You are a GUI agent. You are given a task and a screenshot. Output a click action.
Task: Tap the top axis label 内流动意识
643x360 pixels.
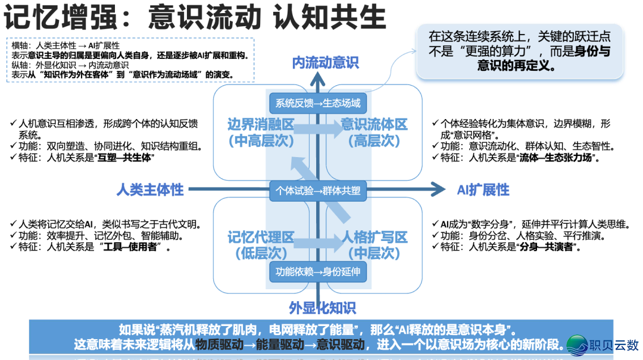click(325, 62)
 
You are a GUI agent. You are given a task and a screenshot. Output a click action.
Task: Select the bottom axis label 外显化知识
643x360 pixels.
click(322, 308)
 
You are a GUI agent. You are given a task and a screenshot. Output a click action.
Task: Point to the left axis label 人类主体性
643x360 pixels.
click(150, 190)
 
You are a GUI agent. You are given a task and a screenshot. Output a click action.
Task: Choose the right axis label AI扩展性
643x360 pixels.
click(483, 190)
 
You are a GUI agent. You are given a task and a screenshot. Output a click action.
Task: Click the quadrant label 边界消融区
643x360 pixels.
click(261, 124)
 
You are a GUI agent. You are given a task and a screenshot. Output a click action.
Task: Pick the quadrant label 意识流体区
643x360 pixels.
click(374, 124)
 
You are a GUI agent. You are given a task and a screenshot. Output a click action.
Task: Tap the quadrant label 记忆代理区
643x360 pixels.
click(261, 237)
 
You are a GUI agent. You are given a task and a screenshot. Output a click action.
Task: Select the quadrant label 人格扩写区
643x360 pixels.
click(374, 237)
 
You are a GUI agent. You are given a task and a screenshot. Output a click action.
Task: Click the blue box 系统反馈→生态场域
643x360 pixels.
click(318, 103)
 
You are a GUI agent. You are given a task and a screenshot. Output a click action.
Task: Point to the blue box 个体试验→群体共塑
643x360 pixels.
click(318, 190)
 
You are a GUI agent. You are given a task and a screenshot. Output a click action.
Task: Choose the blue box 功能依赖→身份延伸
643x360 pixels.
click(318, 273)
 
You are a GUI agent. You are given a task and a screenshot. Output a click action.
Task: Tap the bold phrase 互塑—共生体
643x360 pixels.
click(128, 158)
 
